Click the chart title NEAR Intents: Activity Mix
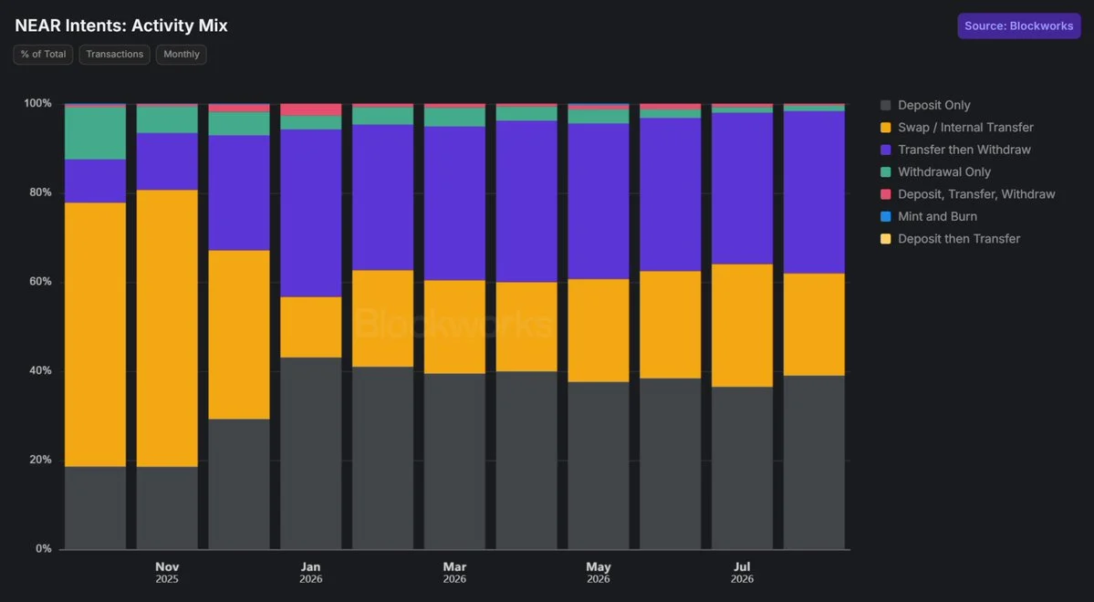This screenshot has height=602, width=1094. (121, 26)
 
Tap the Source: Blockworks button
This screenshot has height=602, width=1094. (1018, 26)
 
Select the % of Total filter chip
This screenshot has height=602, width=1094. (43, 55)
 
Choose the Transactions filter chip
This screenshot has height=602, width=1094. (114, 55)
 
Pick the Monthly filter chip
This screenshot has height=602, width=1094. (182, 55)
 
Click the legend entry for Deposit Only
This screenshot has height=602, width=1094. (925, 105)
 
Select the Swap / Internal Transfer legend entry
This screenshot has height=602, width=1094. (956, 128)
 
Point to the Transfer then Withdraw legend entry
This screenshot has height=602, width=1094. (955, 150)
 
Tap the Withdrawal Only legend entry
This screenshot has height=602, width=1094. (935, 172)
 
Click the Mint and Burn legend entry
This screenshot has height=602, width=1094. (929, 217)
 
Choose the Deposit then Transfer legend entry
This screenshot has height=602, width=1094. (950, 239)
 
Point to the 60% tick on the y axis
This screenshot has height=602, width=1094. (39, 282)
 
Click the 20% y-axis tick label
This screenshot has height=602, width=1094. (39, 460)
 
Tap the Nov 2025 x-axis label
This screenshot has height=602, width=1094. (167, 573)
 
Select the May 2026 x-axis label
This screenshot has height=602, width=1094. (599, 573)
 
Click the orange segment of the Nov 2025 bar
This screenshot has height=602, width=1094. (167, 327)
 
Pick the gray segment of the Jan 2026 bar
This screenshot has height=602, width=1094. (311, 453)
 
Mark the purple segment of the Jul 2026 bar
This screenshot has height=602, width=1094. (743, 188)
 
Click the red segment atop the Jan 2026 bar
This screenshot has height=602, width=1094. (311, 109)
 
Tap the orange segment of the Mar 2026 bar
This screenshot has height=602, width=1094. (455, 327)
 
